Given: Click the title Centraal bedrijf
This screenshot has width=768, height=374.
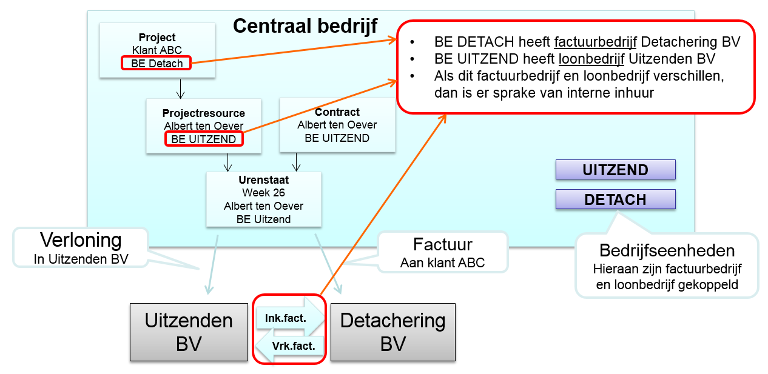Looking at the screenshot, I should (305, 26).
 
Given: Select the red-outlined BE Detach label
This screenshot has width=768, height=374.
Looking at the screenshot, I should (157, 63).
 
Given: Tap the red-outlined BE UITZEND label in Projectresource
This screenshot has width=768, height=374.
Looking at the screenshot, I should (203, 139).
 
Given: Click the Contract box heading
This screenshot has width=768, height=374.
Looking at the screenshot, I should (337, 112).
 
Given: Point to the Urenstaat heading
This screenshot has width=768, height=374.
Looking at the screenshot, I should (263, 180).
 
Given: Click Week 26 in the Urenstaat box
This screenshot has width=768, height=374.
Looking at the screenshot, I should (263, 193).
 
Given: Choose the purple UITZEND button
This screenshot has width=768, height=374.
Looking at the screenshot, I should (615, 170).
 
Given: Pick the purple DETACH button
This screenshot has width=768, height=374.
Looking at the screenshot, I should (615, 199).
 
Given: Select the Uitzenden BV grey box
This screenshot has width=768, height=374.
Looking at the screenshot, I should (189, 332).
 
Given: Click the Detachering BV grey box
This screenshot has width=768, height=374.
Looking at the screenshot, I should (392, 332).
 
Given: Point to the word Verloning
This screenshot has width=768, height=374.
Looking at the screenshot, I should (81, 240).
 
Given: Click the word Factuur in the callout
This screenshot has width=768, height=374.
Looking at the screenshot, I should (442, 245).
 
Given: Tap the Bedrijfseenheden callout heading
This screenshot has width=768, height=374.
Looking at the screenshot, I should (667, 250).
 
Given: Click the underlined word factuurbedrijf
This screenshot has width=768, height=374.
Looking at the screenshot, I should (595, 42).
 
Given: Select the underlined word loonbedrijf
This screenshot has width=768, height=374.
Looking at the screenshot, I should (588, 59).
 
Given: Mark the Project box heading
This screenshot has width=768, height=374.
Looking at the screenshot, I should (157, 38).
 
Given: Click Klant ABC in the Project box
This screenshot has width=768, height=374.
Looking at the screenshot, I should (157, 50).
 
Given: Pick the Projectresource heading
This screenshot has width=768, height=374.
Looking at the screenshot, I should (203, 113).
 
